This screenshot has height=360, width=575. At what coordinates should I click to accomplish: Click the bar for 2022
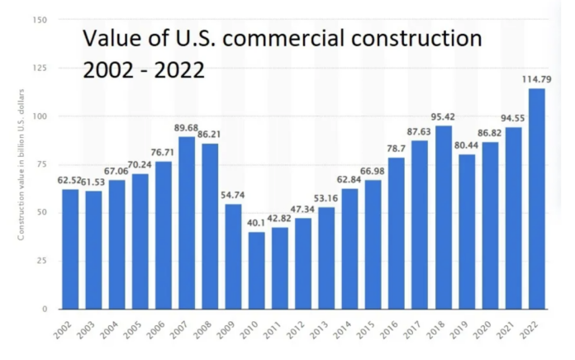(538, 198)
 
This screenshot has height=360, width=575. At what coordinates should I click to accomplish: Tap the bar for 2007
(187, 223)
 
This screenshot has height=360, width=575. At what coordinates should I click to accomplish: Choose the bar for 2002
(70, 249)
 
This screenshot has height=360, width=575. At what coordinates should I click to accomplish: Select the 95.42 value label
(444, 117)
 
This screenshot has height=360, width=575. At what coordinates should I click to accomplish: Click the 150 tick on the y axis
(40, 20)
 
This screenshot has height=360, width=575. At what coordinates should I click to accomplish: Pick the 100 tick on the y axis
(40, 116)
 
